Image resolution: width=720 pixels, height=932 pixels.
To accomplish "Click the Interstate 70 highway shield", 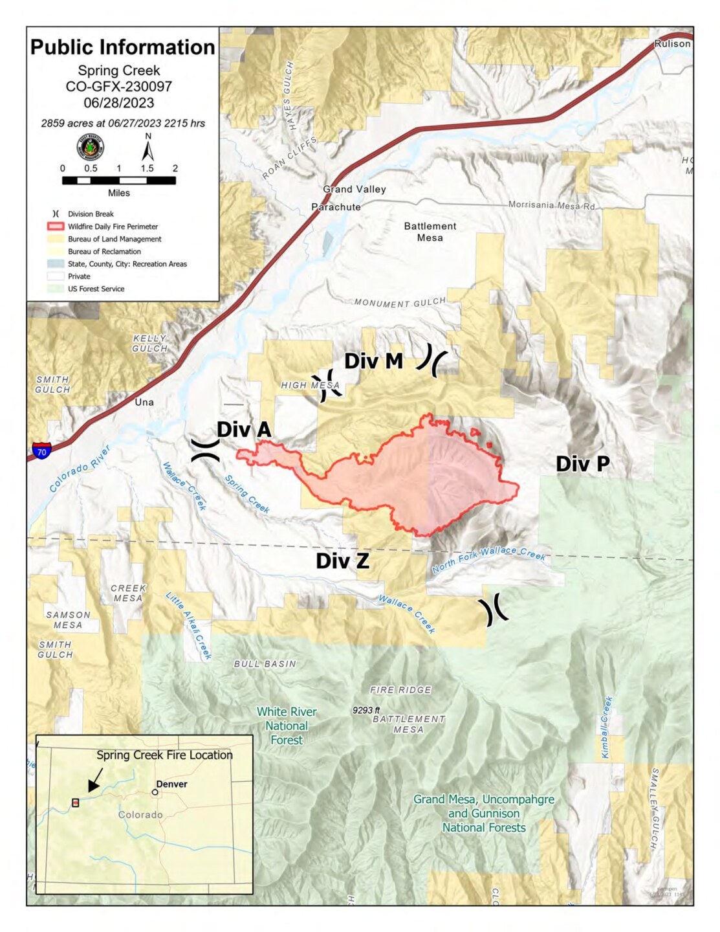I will [41, 450].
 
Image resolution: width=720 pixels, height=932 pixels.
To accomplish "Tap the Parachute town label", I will [336, 207].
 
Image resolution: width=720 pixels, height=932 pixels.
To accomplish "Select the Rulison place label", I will [672, 44].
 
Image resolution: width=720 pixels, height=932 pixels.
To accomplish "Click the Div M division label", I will [373, 361].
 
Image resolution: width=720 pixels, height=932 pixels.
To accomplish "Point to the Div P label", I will [582, 463].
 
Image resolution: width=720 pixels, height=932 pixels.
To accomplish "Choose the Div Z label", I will [342, 560].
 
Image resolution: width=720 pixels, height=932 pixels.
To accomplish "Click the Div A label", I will [243, 430].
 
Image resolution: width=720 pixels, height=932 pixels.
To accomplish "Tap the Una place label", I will [144, 402].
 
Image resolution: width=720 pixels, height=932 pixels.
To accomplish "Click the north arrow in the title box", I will [148, 150].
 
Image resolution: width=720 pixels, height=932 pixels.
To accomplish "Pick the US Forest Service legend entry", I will [96, 289].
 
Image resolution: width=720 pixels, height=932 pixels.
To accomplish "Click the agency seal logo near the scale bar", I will [90, 148].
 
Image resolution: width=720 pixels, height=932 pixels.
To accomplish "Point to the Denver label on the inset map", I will [171, 784].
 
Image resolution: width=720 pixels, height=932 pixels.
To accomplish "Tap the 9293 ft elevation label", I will [366, 710].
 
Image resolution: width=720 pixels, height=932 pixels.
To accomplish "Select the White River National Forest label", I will [287, 726].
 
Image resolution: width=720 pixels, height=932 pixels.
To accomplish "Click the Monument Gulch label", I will [400, 302].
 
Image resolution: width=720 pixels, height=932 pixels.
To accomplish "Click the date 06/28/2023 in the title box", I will [119, 103].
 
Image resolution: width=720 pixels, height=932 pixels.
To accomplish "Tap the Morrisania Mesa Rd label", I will [551, 205].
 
